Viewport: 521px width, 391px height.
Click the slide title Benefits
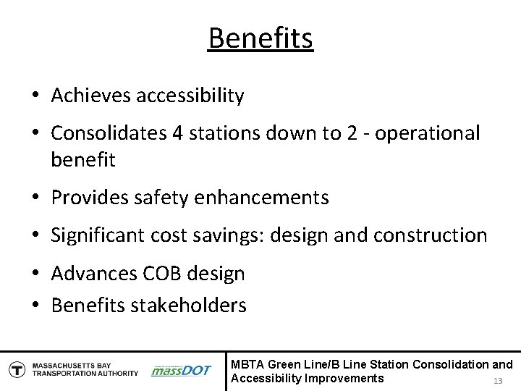coord(260,38)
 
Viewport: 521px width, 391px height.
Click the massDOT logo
coord(181,370)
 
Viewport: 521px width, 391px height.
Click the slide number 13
coord(497,381)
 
